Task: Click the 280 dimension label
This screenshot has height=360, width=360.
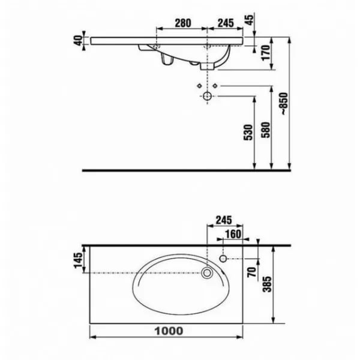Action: click(x=183, y=23)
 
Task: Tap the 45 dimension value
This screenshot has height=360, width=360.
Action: click(x=250, y=19)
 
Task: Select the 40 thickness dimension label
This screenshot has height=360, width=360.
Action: click(x=79, y=40)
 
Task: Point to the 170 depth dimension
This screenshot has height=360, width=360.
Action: click(x=266, y=53)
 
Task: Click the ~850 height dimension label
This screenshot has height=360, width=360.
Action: click(x=284, y=104)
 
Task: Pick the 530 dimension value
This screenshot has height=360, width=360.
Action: click(x=248, y=132)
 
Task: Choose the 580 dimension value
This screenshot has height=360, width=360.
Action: click(x=266, y=130)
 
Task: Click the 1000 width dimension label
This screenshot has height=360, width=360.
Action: click(x=169, y=331)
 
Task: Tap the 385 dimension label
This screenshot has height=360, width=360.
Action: click(x=267, y=284)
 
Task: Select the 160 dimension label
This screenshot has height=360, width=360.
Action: click(x=233, y=234)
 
